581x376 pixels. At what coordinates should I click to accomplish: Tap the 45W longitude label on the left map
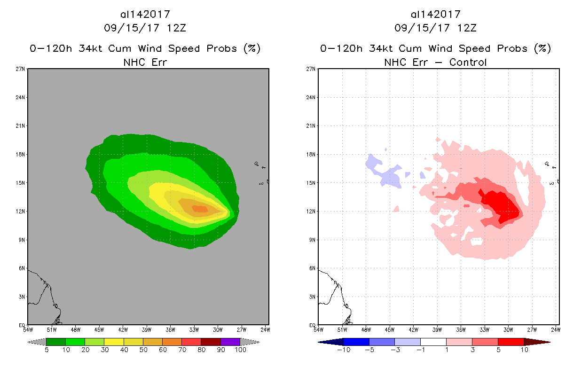(99, 329)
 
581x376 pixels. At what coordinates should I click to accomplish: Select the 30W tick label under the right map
(508, 329)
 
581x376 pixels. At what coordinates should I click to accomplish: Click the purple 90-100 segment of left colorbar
(230, 342)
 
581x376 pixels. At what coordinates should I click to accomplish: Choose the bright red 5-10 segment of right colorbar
(510, 342)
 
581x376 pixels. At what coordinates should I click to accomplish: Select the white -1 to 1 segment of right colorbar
(433, 342)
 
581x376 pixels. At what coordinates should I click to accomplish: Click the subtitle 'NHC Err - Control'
(435, 62)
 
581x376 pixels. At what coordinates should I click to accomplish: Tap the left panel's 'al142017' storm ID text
(145, 14)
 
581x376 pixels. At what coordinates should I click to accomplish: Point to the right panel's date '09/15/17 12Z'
(435, 28)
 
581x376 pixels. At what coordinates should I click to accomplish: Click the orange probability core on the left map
(199, 209)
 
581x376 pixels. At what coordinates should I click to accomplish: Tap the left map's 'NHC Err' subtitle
(145, 62)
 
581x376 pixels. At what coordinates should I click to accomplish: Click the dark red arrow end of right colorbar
(536, 342)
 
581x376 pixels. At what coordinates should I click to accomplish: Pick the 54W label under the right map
(319, 329)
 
